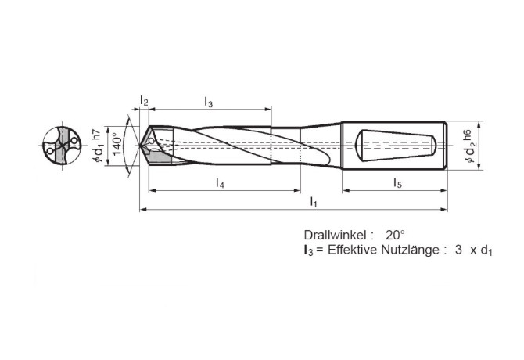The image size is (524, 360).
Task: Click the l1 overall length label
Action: click(314, 203)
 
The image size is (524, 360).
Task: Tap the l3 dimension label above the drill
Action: click(209, 102)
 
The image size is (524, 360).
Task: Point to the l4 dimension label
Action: click(221, 183)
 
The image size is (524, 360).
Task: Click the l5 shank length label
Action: click(397, 183)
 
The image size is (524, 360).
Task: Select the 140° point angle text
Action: click(117, 144)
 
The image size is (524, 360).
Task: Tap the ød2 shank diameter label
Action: click(468, 150)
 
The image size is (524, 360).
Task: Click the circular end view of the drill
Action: click(61, 146)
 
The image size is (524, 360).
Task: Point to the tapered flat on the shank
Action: click(396, 146)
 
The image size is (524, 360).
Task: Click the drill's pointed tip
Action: click(141, 146)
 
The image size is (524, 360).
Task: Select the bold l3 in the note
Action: click(308, 251)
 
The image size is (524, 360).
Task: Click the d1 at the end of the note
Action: click(487, 251)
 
